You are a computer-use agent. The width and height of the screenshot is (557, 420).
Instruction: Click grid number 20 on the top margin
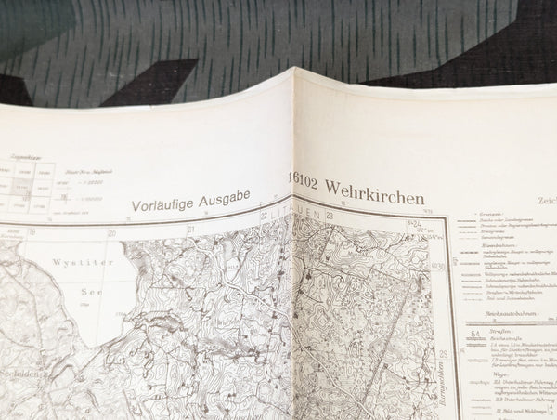pyautogui.click(x=112, y=233)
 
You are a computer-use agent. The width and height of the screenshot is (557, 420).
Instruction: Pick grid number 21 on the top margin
pyautogui.click(x=191, y=228)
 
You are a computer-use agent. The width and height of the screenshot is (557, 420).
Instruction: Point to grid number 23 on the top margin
pyautogui.click(x=329, y=216)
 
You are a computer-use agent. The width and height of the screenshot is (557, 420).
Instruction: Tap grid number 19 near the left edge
pyautogui.click(x=32, y=232)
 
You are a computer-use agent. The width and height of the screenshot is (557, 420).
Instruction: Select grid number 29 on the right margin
pyautogui.click(x=443, y=355)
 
